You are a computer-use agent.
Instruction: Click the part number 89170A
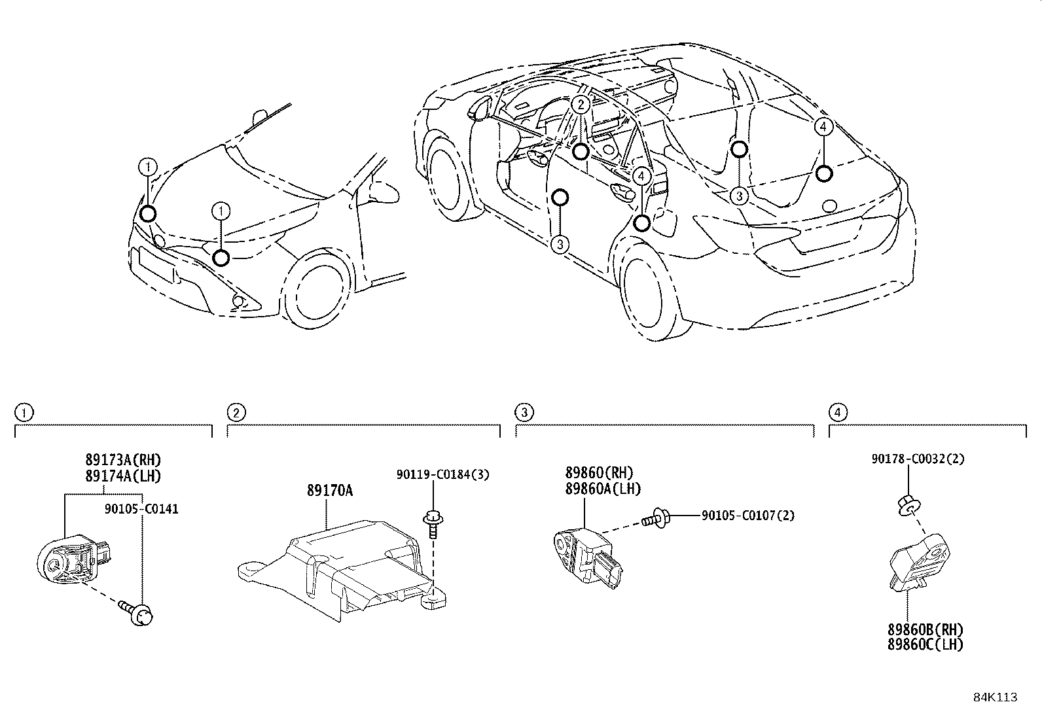pyautogui.click(x=329, y=490)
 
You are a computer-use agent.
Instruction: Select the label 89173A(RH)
pyautogui.click(x=122, y=460)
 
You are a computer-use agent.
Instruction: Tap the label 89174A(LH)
pyautogui.click(x=122, y=476)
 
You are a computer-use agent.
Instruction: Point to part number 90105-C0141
pyautogui.click(x=141, y=508)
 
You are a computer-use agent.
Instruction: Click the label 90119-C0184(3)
pyautogui.click(x=442, y=474)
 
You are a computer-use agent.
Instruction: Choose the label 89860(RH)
pyautogui.click(x=600, y=473)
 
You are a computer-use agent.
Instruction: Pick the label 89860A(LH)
pyautogui.click(x=603, y=489)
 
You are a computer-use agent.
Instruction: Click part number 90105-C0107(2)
pyautogui.click(x=748, y=516)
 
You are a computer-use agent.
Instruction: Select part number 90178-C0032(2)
pyautogui.click(x=918, y=459)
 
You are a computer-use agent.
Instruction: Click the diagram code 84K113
pyautogui.click(x=995, y=697)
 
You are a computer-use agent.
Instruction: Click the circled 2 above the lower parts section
pyautogui.click(x=236, y=412)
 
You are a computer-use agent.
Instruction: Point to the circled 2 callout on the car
pyautogui.click(x=580, y=104)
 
